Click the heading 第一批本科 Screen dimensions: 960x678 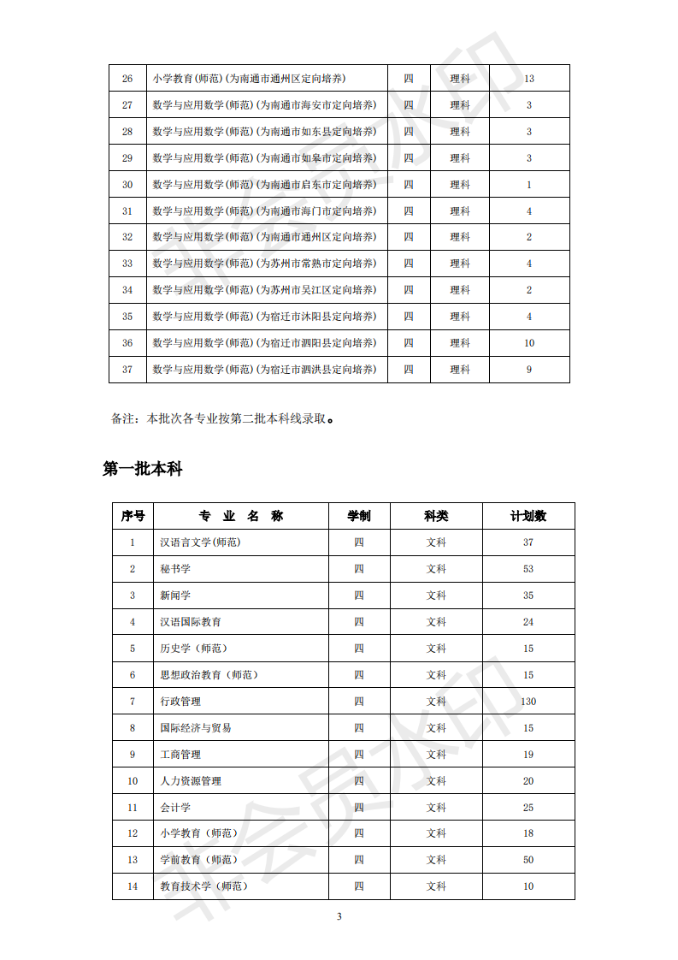point(142,469)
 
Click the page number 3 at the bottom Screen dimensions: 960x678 point(339,916)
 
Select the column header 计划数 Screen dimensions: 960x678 point(528,516)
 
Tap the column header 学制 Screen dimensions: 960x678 point(359,516)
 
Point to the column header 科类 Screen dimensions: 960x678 point(436,516)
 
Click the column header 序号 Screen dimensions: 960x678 point(133,516)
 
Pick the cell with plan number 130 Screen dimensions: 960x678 point(528,702)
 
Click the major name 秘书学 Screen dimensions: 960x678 point(175,569)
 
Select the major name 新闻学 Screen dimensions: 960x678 point(175,596)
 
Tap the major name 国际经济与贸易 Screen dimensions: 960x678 point(196,728)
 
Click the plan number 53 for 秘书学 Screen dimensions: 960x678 point(528,569)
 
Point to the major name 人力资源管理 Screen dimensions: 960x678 point(191,781)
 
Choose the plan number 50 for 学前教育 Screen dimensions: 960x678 point(528,860)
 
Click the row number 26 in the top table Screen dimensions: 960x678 point(127,79)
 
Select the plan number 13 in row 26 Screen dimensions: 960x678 point(529,79)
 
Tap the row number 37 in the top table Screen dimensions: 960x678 point(127,370)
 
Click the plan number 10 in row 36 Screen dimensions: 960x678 point(529,343)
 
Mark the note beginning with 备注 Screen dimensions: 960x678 point(221,419)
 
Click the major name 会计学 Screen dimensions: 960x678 point(175,808)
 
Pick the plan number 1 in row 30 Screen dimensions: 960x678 point(529,185)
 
